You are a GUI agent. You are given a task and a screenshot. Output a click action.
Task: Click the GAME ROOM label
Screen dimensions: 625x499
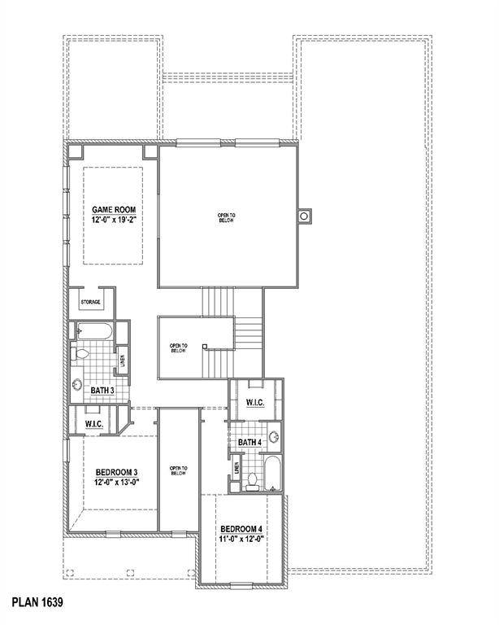(x=113, y=210)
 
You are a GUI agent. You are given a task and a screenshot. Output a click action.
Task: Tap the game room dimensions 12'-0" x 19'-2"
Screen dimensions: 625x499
(x=113, y=220)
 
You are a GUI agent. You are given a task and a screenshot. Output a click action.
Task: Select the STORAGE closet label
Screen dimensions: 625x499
(x=90, y=303)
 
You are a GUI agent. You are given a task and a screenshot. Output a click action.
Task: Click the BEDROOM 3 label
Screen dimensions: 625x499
(x=116, y=472)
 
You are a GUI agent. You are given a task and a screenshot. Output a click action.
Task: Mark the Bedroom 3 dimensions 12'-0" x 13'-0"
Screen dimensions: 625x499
(x=116, y=482)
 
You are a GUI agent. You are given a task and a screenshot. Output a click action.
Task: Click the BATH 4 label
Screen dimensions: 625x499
(x=250, y=442)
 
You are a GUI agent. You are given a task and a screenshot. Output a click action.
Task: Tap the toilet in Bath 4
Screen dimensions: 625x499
(x=253, y=480)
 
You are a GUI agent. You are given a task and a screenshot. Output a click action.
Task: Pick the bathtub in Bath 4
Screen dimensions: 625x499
(x=272, y=474)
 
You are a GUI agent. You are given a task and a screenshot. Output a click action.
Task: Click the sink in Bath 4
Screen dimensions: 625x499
(x=274, y=436)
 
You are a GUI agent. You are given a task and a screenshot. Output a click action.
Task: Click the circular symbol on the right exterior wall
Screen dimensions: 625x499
(x=305, y=216)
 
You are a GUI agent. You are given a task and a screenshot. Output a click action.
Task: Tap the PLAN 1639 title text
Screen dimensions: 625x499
(x=37, y=604)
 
